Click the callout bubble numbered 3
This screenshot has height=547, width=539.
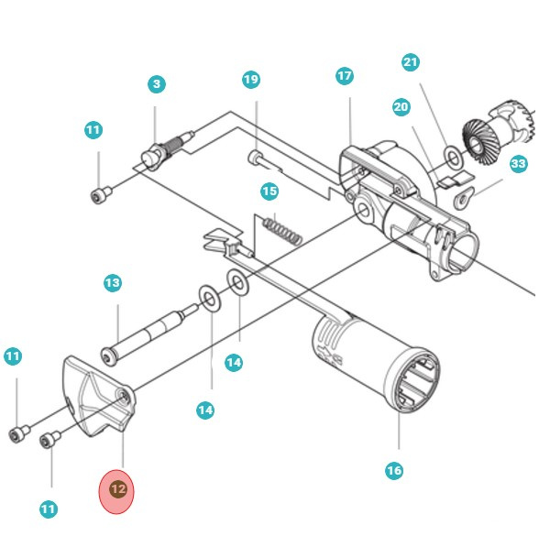(157, 84)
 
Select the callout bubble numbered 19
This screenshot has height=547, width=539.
(251, 80)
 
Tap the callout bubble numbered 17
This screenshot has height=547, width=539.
(345, 76)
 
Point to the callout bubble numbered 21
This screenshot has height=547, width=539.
(411, 62)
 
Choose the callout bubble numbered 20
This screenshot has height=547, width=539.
(401, 107)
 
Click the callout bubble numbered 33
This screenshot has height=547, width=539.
(519, 164)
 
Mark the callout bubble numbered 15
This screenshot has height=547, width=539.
(269, 191)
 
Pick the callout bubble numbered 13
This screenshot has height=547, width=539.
(112, 283)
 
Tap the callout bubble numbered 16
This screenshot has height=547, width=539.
(393, 471)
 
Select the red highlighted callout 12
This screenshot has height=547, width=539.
(117, 490)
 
